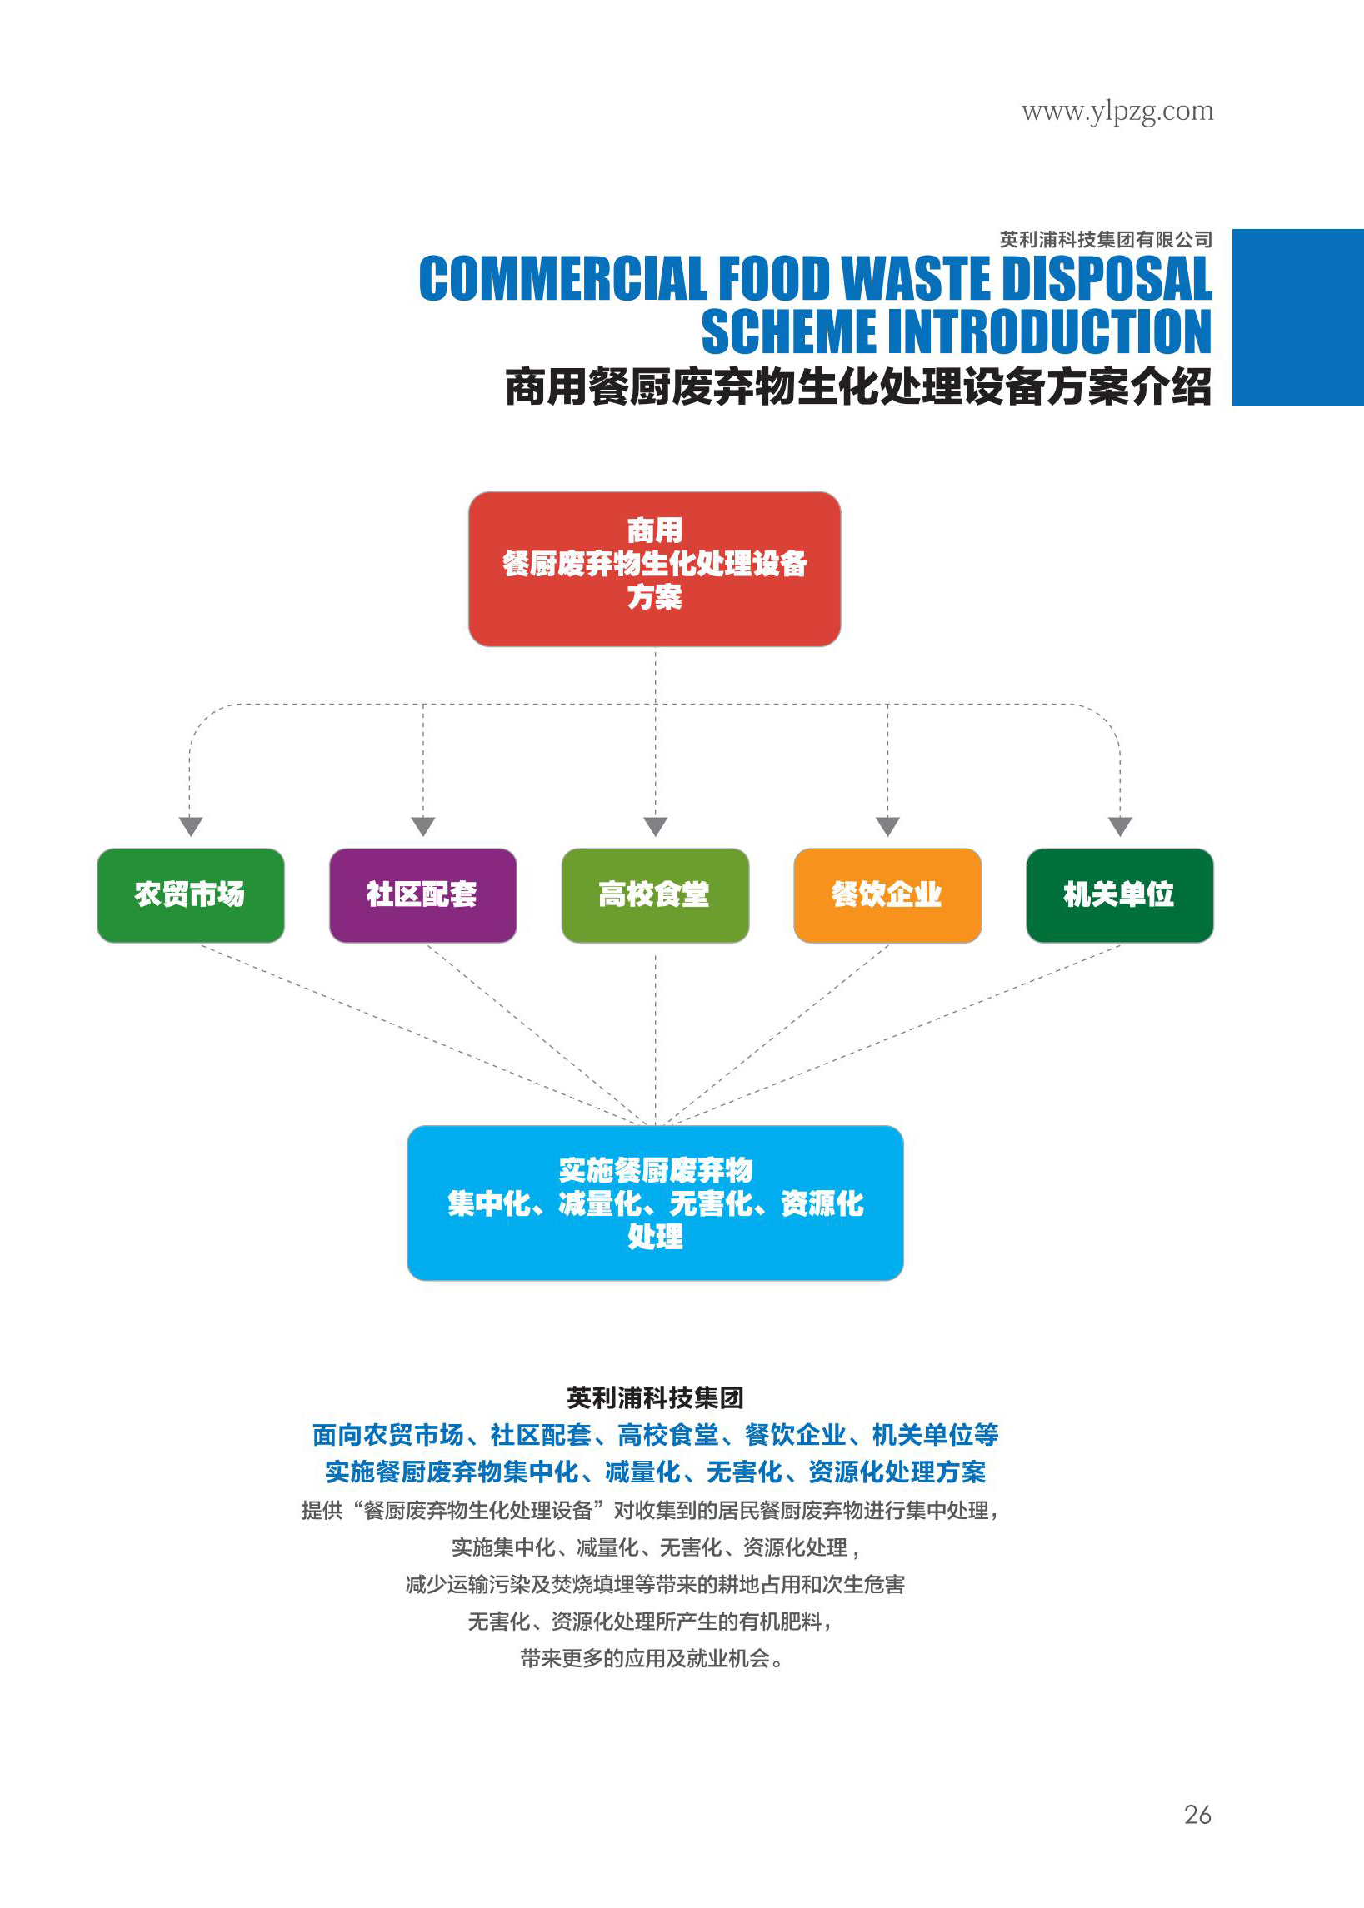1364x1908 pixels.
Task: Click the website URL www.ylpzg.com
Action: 1117,112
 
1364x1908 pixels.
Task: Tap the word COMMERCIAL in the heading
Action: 562,279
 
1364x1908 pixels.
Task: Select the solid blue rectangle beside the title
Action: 1297,317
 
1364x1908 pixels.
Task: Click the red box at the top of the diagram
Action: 654,568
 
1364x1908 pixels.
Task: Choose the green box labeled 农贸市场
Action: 191,894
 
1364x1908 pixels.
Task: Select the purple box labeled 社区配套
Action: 422,894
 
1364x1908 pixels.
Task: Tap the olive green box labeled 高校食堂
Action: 654,894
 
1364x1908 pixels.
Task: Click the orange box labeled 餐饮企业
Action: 887,894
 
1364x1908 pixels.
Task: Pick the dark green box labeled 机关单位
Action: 1119,894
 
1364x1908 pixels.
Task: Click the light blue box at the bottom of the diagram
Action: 654,1202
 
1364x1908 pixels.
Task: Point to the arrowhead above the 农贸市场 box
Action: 191,826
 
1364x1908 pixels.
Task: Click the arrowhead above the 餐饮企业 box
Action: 887,826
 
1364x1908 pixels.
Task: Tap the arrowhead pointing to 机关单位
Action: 1120,826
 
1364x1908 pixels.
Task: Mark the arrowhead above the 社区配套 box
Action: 423,826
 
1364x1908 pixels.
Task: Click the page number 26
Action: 1197,1814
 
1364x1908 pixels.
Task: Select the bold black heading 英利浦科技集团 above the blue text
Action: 654,1397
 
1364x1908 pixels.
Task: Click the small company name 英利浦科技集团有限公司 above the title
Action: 1106,240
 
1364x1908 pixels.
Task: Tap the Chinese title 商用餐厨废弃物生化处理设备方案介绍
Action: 857,387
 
